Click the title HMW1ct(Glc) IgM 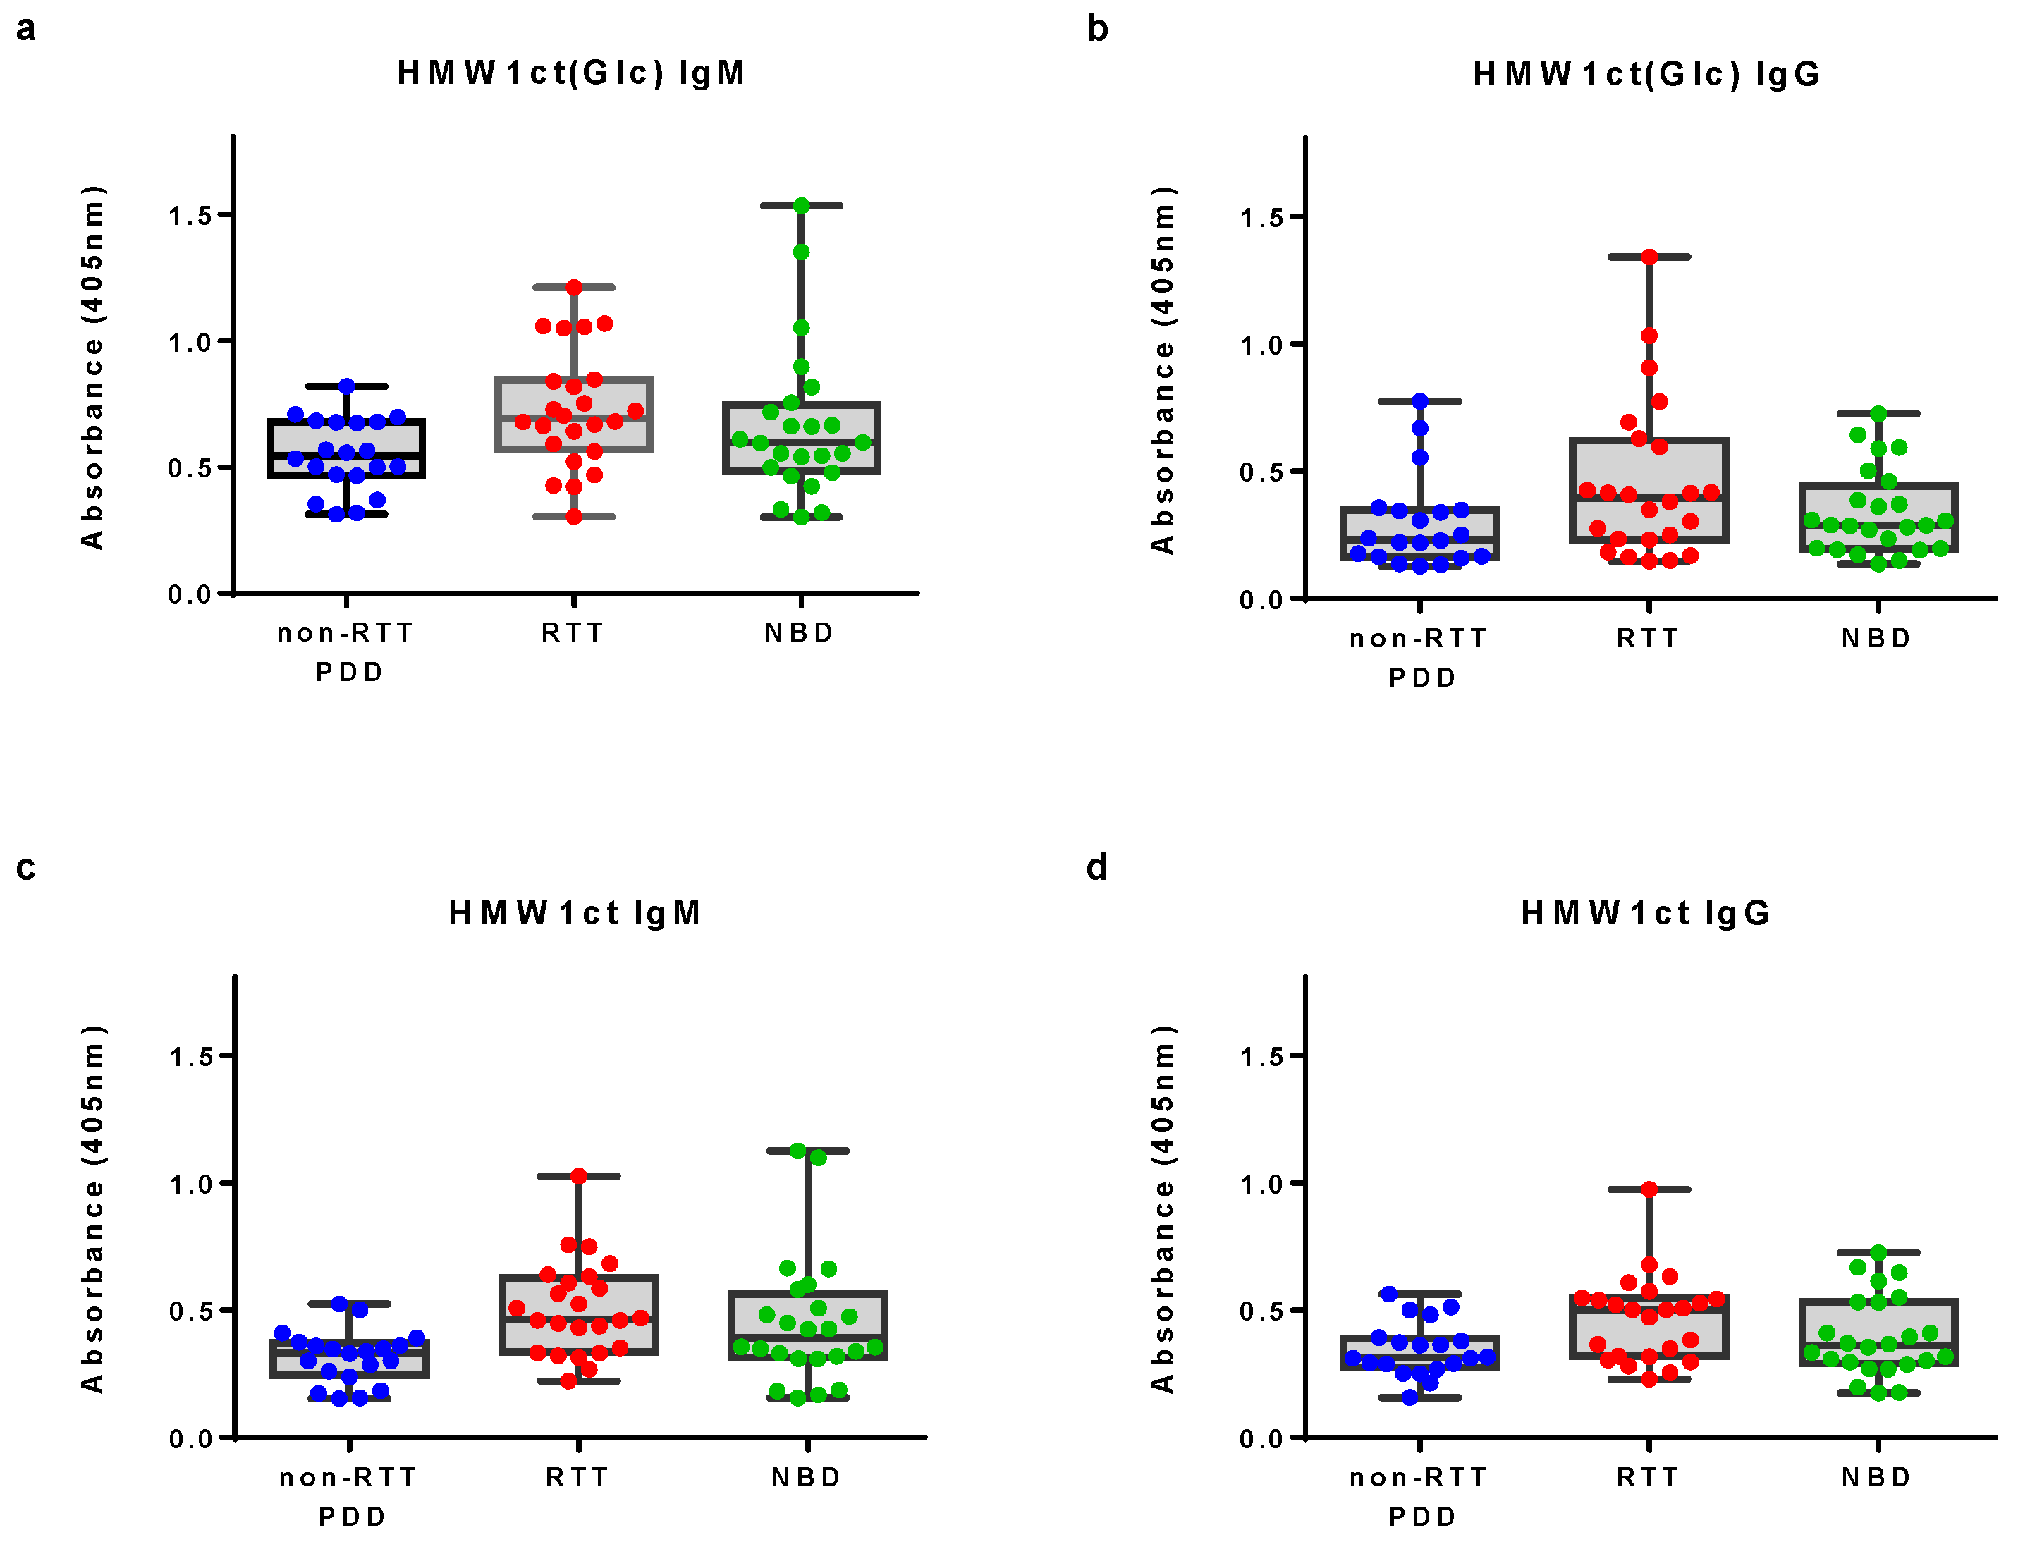click(570, 73)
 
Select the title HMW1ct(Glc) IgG click(1646, 74)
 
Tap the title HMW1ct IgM click(575, 913)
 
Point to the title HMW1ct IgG click(1646, 913)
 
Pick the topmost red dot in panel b click(1649, 257)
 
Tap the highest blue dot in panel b click(1419, 401)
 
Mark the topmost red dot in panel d click(1649, 1189)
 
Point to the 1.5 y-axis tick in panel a click(190, 216)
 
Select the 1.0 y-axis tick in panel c click(191, 1184)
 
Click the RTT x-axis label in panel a click(573, 633)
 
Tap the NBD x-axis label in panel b click(1876, 639)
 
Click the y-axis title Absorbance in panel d click(1163, 1208)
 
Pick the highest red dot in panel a click(573, 288)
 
